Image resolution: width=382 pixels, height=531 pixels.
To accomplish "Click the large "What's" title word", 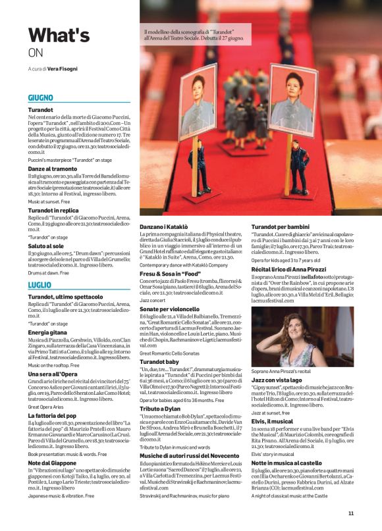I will point(59,35).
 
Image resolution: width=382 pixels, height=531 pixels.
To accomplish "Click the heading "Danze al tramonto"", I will point(52,168).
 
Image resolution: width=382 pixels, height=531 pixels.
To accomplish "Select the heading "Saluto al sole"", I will point(45,245).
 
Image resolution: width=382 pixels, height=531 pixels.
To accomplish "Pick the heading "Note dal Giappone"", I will point(53,463).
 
